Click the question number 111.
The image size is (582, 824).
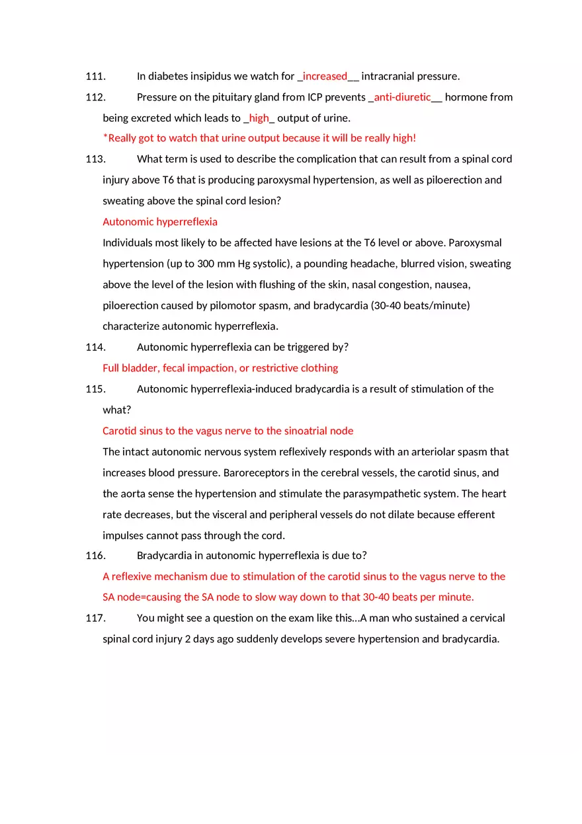95,76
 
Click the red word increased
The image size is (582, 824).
325,76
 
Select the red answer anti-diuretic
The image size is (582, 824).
402,97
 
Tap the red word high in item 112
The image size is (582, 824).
259,118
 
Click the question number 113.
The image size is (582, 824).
95,159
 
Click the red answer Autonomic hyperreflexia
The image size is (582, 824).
160,222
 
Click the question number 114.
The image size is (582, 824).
95,347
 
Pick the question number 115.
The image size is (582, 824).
95,389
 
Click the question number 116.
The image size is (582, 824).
95,556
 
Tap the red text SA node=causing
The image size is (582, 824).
142,597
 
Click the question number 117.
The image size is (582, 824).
95,618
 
